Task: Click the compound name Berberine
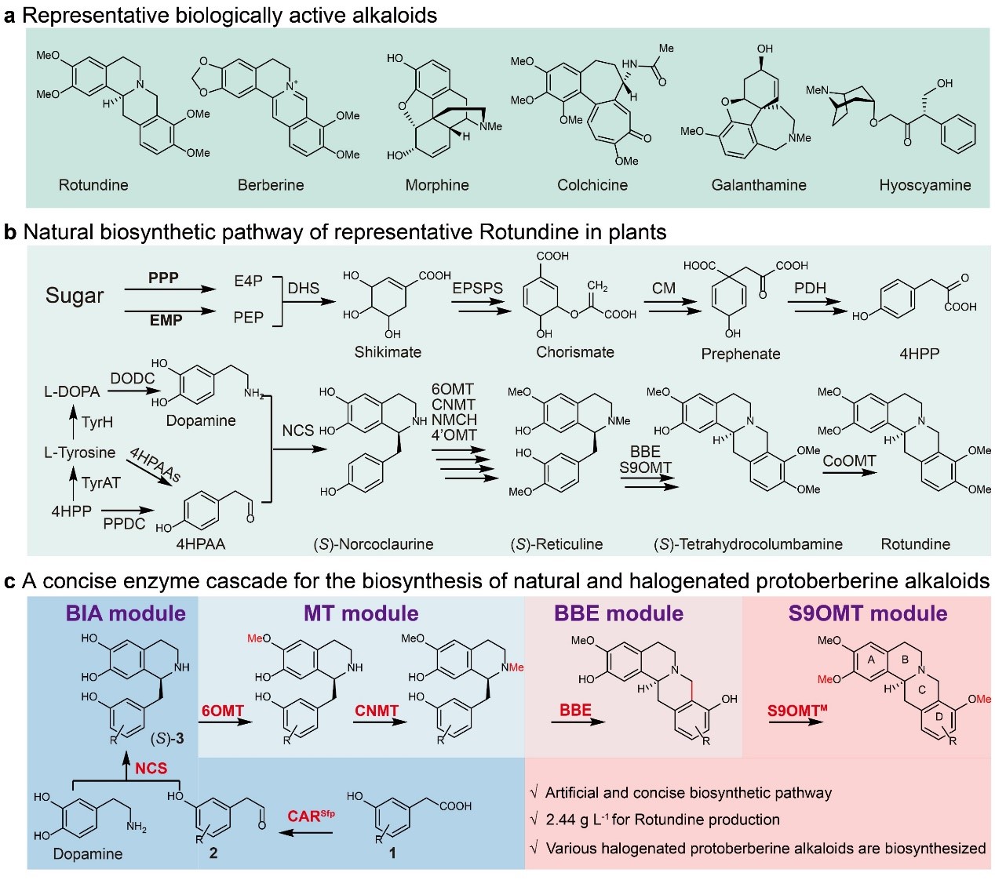pyautogui.click(x=271, y=185)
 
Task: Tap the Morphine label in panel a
pyautogui.click(x=437, y=185)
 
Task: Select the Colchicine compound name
pyautogui.click(x=592, y=185)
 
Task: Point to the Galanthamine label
pyautogui.click(x=759, y=185)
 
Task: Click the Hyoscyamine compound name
pyautogui.click(x=925, y=185)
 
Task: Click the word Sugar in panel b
pyautogui.click(x=75, y=296)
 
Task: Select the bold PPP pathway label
pyautogui.click(x=163, y=278)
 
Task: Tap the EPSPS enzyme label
pyautogui.click(x=477, y=288)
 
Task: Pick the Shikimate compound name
pyautogui.click(x=388, y=352)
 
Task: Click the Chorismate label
pyautogui.click(x=575, y=352)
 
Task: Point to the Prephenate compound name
pyautogui.click(x=741, y=354)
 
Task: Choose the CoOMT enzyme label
pyautogui.click(x=849, y=461)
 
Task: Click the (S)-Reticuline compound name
pyautogui.click(x=556, y=544)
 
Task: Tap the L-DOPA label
pyautogui.click(x=71, y=391)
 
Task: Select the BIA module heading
pyautogui.click(x=126, y=613)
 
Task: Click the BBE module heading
pyautogui.click(x=618, y=613)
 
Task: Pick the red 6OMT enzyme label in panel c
pyautogui.click(x=223, y=711)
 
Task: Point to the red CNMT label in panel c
pyautogui.click(x=377, y=711)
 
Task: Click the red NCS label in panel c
pyautogui.click(x=151, y=768)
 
